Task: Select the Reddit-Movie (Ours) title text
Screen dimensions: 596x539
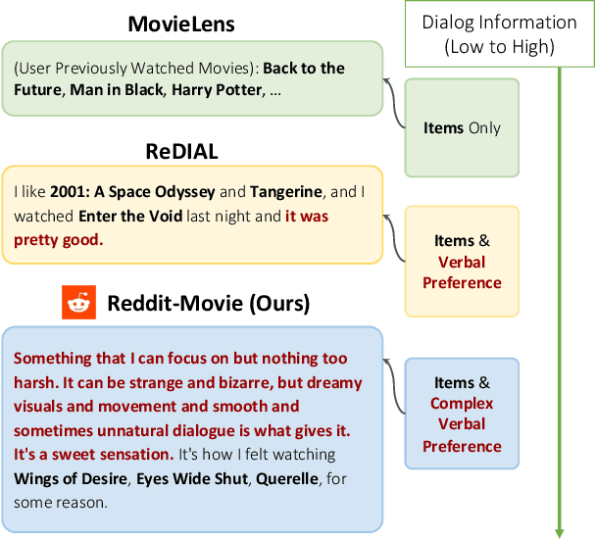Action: coord(207,304)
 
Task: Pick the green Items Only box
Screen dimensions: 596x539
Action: coord(461,127)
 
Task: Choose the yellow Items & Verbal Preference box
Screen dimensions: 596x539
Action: coord(461,262)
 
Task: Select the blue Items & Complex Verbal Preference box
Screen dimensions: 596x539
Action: coord(461,414)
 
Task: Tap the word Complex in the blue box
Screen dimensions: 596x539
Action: coord(461,404)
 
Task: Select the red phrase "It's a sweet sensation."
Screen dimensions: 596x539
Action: coord(92,455)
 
